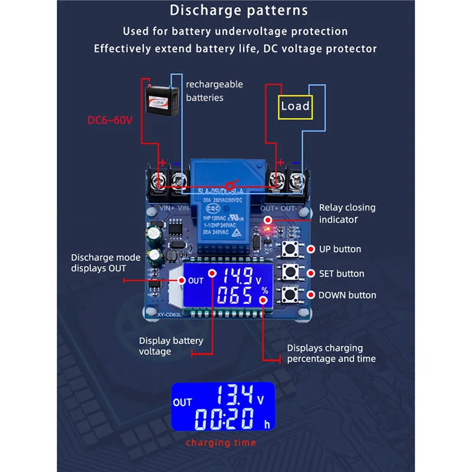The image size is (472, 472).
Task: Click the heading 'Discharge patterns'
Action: point(238,11)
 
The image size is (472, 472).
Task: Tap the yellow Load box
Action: point(295,106)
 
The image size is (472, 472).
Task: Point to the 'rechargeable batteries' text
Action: point(214,91)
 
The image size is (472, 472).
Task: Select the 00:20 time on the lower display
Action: point(226,419)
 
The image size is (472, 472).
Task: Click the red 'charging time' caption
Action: point(221,442)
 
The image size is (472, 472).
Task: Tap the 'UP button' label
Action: point(339,249)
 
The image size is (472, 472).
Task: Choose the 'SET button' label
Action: point(341,274)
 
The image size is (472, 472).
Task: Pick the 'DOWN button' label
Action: point(347,295)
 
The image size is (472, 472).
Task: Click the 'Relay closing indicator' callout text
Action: point(347,214)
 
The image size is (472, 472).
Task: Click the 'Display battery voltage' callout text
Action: point(171,346)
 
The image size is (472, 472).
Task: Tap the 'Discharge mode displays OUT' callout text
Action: point(106,263)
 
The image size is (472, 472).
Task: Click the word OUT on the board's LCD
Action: point(196,281)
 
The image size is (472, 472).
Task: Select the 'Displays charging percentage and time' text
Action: point(331,353)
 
